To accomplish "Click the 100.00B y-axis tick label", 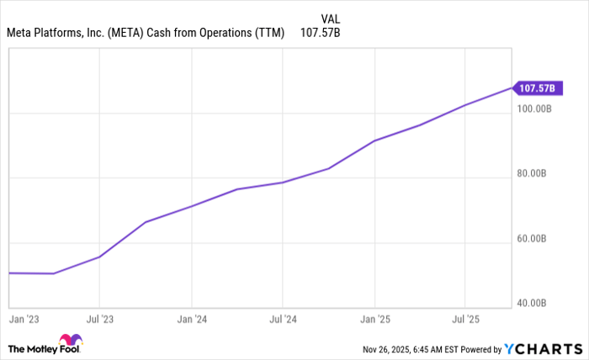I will (x=533, y=109).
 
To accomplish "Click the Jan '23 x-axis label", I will (x=24, y=320).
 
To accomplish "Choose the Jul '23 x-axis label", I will (x=99, y=320).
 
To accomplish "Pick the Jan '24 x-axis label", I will (x=192, y=320).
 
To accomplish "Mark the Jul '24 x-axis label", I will (x=283, y=320).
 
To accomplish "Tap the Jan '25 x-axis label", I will (x=374, y=320).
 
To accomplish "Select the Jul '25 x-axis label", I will (x=465, y=320).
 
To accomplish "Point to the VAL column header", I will (x=331, y=18).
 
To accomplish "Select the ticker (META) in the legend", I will (x=126, y=34).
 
